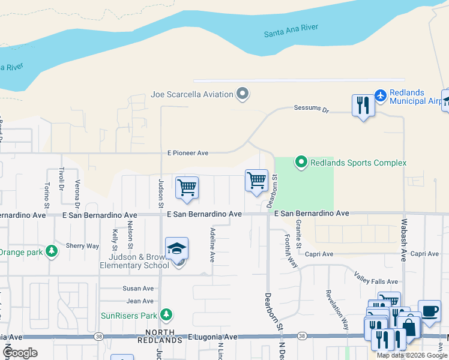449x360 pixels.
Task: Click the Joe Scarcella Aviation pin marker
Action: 243,94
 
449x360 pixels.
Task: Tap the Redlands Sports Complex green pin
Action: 301,163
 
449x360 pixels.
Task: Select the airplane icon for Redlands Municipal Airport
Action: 380,95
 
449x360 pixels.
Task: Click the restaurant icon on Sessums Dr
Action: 363,106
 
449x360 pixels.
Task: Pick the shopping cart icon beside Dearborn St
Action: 256,180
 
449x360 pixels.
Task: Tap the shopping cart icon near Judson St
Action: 187,187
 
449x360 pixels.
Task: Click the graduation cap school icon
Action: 177,248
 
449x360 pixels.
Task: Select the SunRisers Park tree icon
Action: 166,314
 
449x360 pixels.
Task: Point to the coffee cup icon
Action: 429,311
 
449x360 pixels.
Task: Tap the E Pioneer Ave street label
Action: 188,154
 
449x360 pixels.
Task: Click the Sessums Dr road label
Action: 312,109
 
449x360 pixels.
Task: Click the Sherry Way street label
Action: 82,246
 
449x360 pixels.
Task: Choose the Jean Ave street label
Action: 140,301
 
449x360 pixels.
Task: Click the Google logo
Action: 20,353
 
